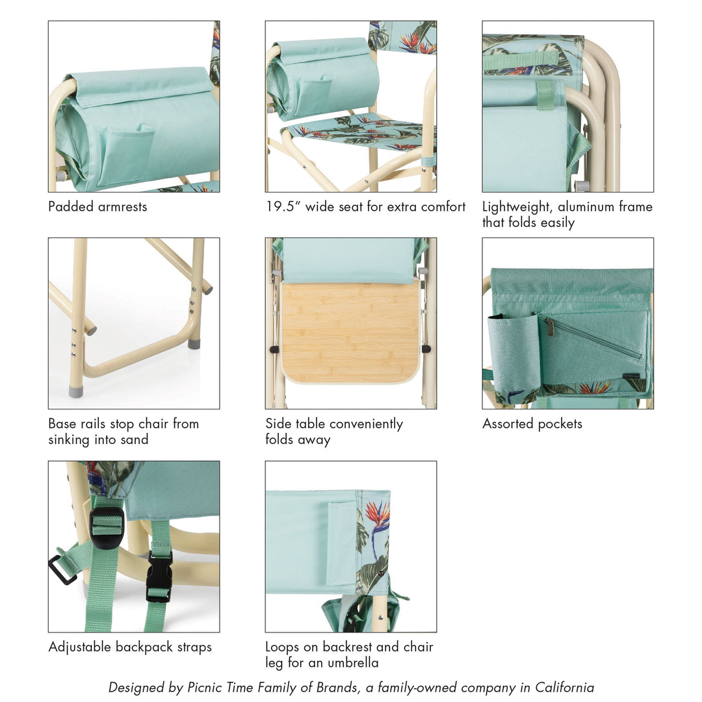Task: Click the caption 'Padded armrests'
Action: point(97,207)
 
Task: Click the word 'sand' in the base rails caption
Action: point(135,439)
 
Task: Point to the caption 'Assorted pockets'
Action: point(532,424)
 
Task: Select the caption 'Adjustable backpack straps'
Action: point(130,647)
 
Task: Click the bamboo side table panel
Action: point(350,331)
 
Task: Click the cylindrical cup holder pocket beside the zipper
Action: point(513,354)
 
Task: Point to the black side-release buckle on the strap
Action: point(159,575)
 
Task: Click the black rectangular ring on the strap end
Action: point(62,570)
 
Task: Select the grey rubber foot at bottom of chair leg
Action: point(76,391)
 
